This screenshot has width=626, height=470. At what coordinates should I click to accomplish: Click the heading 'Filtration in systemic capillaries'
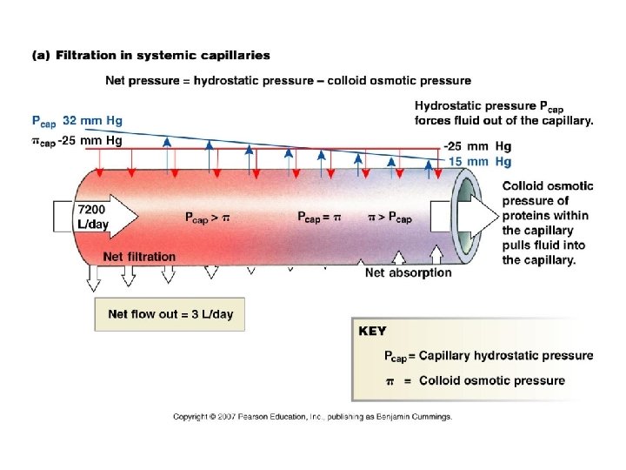163,55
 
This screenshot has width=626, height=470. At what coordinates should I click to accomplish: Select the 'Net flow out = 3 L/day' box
170,314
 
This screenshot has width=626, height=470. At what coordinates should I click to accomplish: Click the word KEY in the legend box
372,332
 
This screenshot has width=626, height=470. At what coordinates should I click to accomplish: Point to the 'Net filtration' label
139,257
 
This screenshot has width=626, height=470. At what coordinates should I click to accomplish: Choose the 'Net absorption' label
408,272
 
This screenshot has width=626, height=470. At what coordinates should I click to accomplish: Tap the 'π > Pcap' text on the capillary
397,216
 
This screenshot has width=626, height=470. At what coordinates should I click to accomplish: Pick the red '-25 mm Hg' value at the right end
476,146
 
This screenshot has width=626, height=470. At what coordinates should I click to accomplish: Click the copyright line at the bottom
313,417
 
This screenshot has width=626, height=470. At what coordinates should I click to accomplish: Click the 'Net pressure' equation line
288,82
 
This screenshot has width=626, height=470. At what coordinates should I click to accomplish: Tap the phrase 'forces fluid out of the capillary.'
504,121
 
